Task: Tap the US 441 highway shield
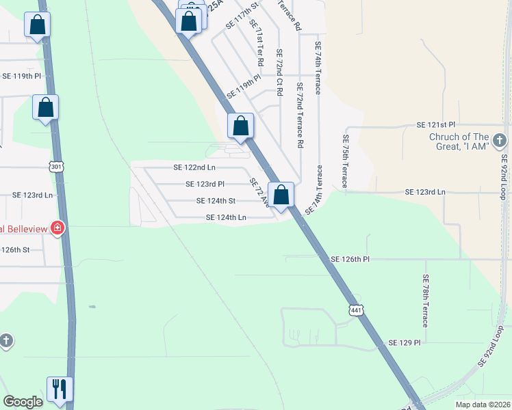click(355, 310)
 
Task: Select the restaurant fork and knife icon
click(60, 389)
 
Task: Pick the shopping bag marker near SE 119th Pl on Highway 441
click(241, 126)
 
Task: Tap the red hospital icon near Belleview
click(59, 228)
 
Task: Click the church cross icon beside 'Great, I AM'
click(500, 141)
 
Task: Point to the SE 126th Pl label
click(350, 260)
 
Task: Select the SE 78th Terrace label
click(425, 300)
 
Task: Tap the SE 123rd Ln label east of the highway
click(425, 193)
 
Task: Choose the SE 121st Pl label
click(436, 126)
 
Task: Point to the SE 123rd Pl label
click(205, 184)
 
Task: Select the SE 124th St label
click(216, 201)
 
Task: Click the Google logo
click(23, 402)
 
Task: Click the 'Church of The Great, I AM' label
click(459, 141)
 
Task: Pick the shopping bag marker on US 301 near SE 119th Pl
click(46, 108)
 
